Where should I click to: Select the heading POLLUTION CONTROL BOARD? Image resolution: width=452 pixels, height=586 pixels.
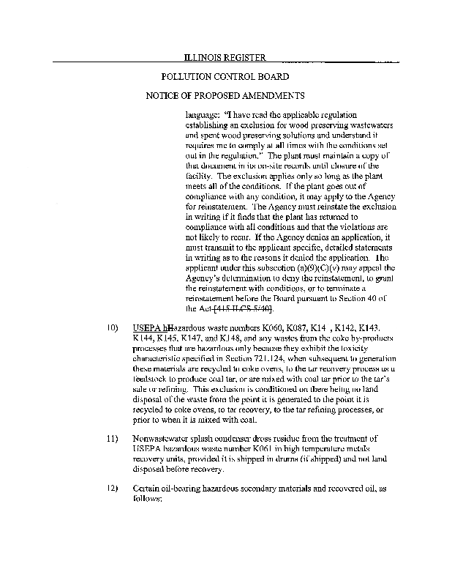click(x=224, y=76)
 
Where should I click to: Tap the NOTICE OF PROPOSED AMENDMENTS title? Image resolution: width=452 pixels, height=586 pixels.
click(x=224, y=95)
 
